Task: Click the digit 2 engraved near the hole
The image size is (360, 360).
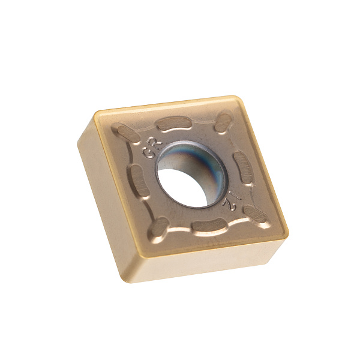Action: click(229, 205)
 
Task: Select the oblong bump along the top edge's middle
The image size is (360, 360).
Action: click(174, 123)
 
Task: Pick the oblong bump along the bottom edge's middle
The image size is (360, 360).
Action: click(209, 225)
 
